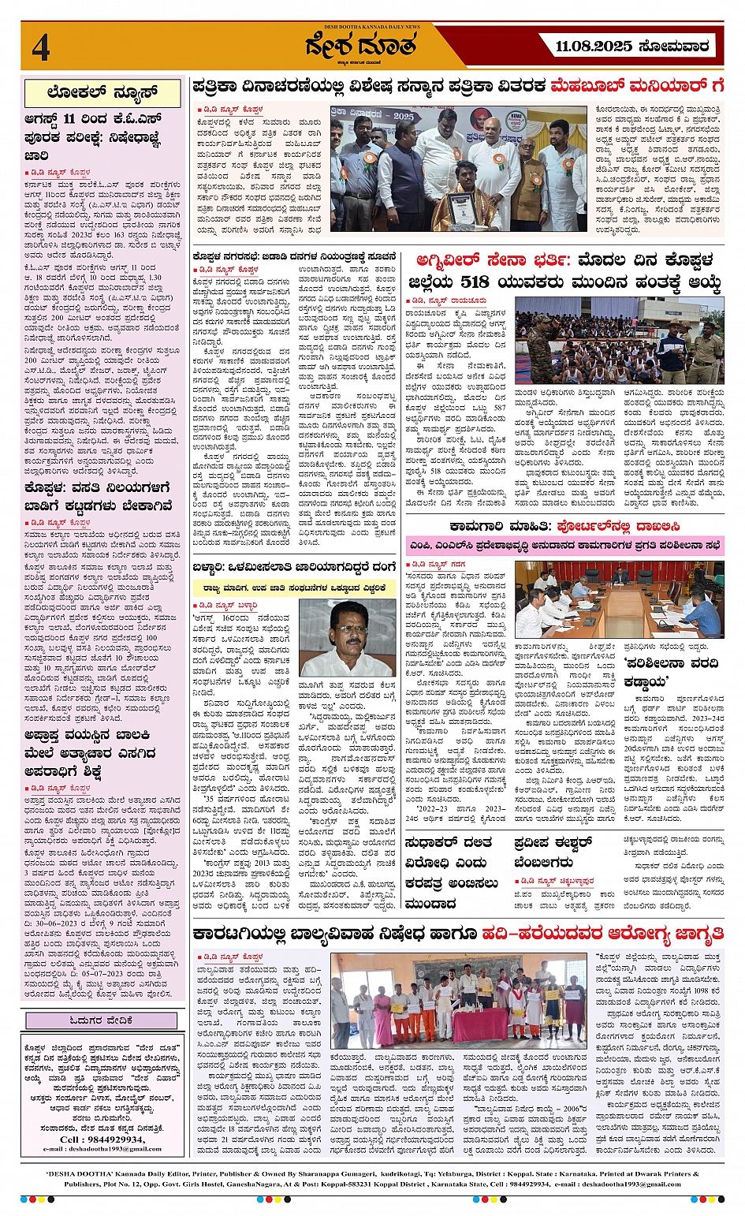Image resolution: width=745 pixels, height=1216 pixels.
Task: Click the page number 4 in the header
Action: [41, 47]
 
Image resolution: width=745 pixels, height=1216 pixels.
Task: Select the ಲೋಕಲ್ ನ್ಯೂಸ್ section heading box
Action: [102, 93]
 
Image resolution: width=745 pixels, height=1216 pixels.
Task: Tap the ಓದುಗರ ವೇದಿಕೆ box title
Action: [102, 1020]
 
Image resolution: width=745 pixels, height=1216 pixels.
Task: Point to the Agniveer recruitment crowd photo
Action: [619, 341]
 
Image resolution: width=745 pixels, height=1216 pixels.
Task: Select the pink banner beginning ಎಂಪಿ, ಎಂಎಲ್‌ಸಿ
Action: [564, 545]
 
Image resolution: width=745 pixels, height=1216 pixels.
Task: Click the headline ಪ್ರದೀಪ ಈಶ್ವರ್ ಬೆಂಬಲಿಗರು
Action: [552, 852]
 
